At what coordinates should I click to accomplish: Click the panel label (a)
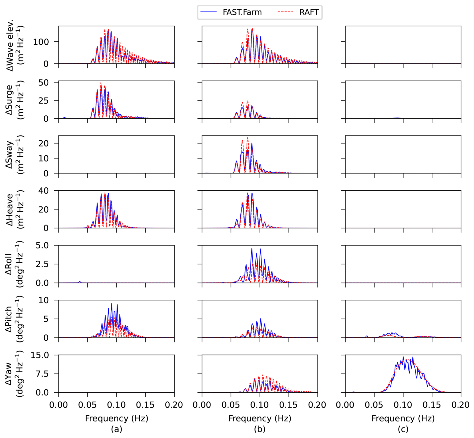click(116, 429)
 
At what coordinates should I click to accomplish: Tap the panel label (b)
click(260, 429)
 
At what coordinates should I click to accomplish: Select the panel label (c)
click(403, 429)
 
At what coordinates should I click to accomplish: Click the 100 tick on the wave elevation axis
click(41, 42)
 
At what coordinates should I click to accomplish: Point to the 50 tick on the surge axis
click(44, 83)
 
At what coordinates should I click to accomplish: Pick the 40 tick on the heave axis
click(44, 191)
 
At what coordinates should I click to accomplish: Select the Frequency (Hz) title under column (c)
click(403, 418)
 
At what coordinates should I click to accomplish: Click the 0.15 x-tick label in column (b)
click(288, 405)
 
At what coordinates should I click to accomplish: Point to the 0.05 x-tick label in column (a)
click(87, 405)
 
